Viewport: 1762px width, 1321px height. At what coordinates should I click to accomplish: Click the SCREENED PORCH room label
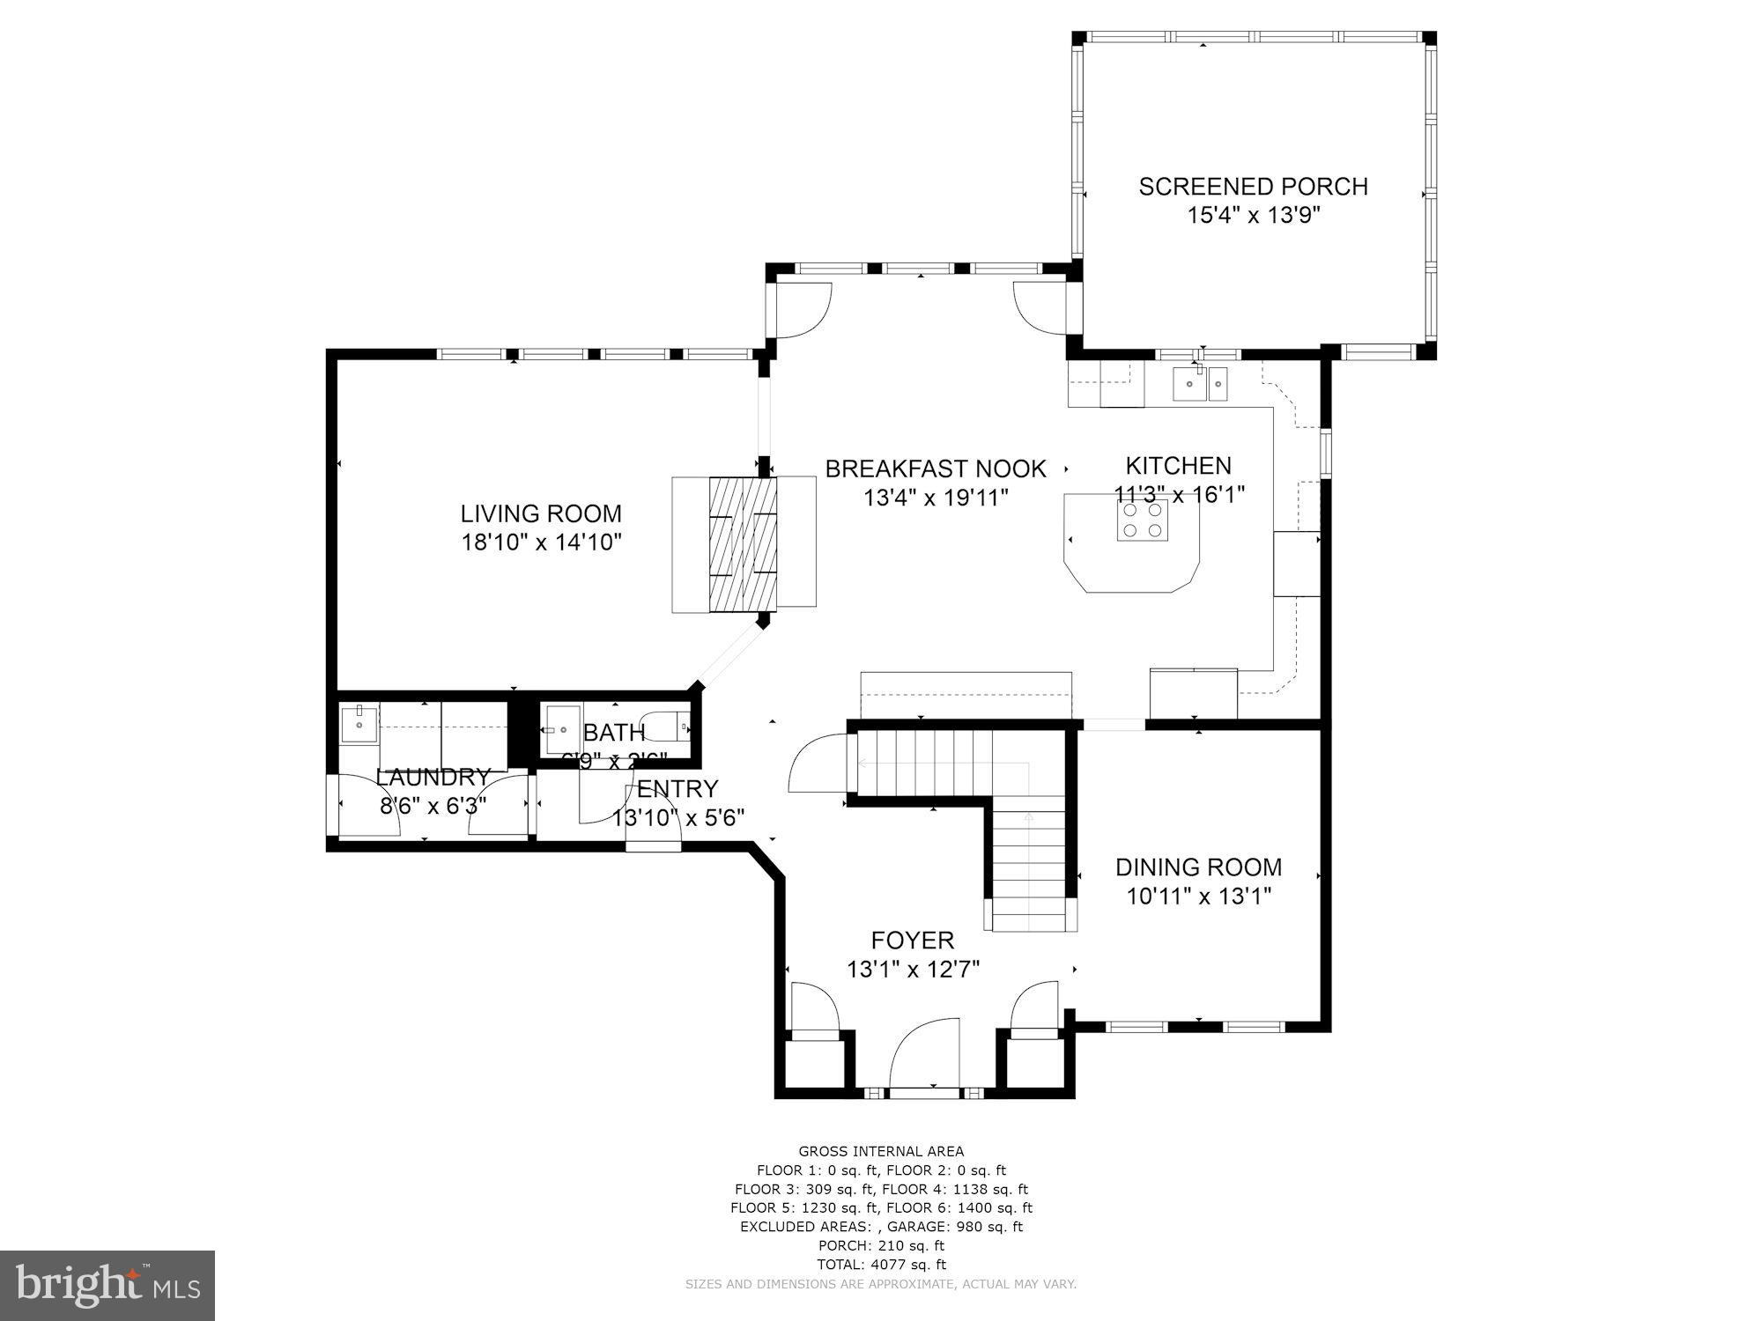1253,187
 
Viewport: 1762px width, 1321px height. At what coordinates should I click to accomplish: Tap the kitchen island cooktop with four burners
1142,520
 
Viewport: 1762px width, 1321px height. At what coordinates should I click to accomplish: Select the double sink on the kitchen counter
1199,383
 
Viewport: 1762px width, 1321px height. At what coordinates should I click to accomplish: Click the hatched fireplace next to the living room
743,543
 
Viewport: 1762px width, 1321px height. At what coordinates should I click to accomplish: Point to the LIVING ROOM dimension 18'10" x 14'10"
542,542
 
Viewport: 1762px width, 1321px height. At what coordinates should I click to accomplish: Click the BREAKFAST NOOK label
935,469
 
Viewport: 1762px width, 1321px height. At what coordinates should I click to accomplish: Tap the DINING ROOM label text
1198,867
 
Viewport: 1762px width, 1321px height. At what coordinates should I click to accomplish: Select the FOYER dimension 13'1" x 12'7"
913,970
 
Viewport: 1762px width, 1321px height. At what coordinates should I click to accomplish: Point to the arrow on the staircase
1028,817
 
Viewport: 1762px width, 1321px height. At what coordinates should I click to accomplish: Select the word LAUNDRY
433,778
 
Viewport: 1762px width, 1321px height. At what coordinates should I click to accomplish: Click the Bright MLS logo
107,1285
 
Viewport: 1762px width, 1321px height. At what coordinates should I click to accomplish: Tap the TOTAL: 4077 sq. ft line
881,1265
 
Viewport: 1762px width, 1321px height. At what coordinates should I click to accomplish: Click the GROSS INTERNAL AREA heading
881,1151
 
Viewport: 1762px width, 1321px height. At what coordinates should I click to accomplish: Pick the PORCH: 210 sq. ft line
881,1245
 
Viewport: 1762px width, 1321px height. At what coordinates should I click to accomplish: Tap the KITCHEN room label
1178,466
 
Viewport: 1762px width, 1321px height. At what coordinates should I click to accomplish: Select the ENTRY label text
677,788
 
